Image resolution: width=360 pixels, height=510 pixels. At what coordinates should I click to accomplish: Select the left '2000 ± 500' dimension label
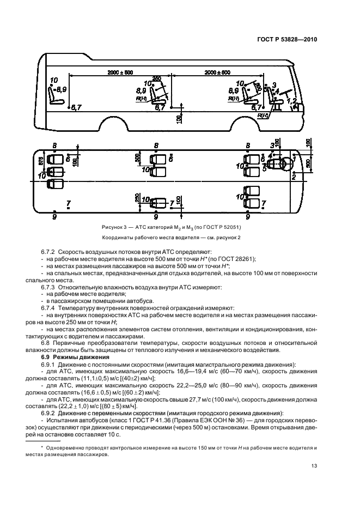point(120,72)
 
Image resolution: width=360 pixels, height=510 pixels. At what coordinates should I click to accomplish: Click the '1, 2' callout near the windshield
point(291,101)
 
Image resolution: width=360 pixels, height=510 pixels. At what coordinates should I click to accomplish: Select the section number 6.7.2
point(48,253)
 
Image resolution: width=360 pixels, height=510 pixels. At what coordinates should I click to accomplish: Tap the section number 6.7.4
point(48,308)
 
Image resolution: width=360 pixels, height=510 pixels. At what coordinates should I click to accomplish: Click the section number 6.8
point(46,343)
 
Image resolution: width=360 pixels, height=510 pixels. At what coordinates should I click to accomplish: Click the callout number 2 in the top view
point(294,177)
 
